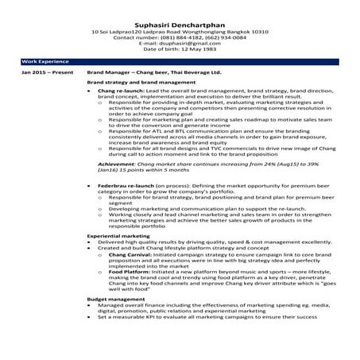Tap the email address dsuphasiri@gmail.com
tap(190, 42)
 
